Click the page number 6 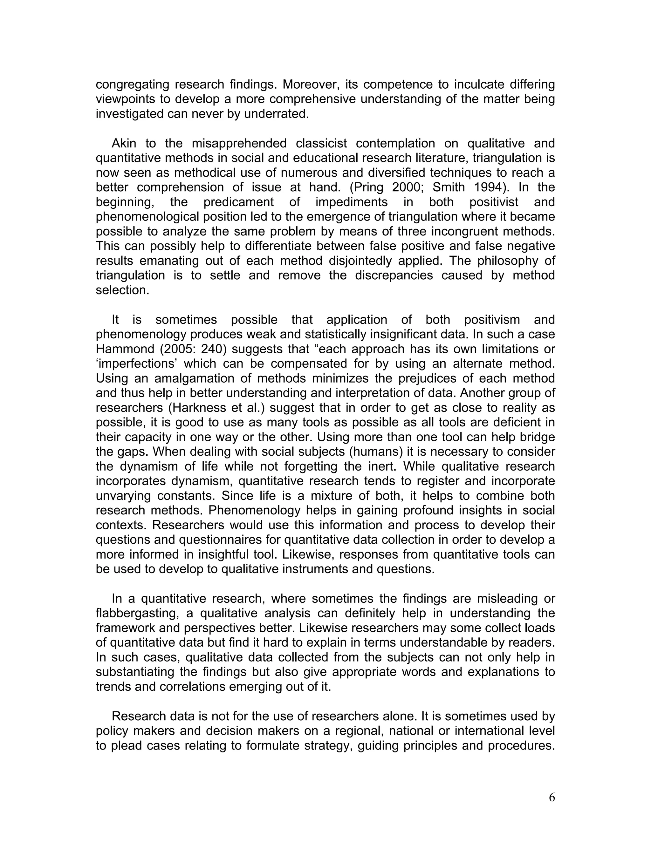(x=552, y=797)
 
